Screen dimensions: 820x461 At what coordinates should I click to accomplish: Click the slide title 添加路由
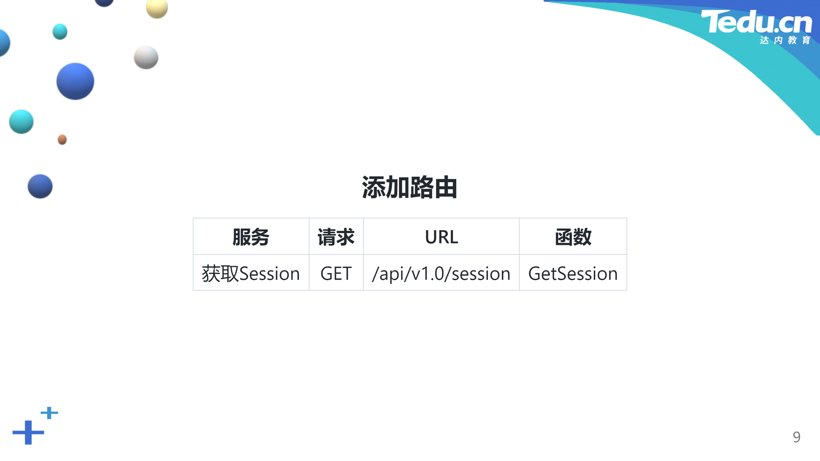[410, 187]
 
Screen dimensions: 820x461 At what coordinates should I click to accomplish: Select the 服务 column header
[251, 237]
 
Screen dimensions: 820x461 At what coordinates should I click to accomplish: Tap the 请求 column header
[336, 237]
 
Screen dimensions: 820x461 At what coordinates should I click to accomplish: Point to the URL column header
[441, 237]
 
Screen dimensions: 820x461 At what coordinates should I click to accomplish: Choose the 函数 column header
[573, 237]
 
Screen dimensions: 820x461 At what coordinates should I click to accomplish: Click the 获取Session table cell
[251, 274]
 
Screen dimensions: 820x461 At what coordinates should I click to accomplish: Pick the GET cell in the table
[336, 274]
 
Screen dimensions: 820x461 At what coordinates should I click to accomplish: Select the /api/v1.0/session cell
[441, 274]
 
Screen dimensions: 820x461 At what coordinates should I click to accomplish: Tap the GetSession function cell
[573, 274]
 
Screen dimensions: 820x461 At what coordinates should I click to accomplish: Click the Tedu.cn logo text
[756, 22]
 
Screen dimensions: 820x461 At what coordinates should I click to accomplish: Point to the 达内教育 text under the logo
[785, 40]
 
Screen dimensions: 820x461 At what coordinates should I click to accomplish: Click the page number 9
[797, 437]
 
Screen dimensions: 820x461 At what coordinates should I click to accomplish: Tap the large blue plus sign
[28, 432]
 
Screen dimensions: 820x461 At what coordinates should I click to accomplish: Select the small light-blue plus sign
[49, 413]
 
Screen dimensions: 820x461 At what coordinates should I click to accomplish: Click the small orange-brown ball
[62, 140]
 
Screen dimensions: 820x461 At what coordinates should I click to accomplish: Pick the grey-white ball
[146, 58]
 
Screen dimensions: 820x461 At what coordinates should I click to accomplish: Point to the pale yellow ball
[157, 9]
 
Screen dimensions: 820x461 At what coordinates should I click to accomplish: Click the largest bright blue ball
[75, 82]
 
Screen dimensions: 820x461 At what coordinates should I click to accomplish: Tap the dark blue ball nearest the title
[40, 187]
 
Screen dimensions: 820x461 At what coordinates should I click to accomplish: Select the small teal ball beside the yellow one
[60, 32]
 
